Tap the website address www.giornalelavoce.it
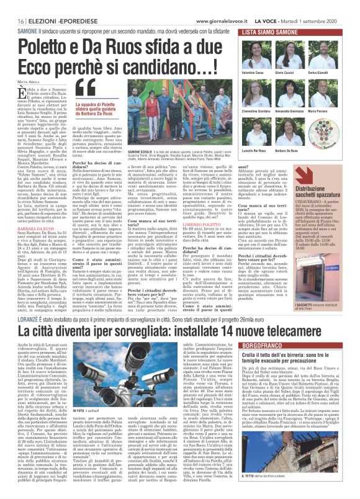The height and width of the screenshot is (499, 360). click(x=218, y=20)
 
